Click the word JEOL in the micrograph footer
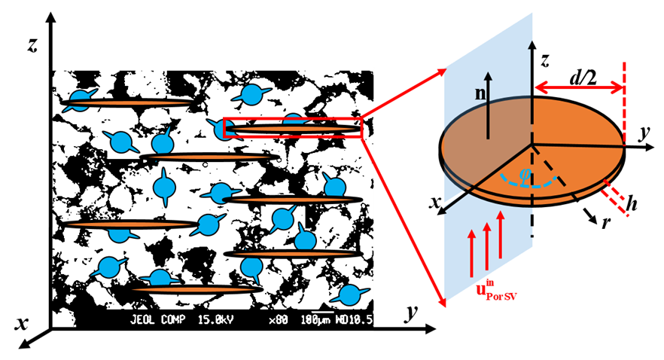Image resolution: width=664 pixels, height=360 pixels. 143,320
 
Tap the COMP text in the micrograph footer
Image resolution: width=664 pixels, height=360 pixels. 175,320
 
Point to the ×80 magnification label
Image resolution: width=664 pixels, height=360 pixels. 279,320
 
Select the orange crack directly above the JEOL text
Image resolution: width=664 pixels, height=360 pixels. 196,288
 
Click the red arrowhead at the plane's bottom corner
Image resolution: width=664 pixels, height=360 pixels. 443,303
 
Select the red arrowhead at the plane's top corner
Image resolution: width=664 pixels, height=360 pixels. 443,72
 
